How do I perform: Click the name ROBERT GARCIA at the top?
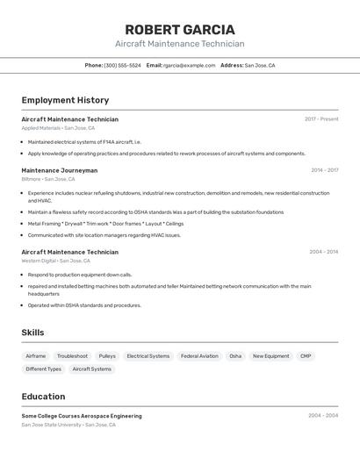pyautogui.click(x=179, y=30)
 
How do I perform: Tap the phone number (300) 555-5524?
pyautogui.click(x=122, y=65)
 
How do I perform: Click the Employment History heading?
pyautogui.click(x=65, y=100)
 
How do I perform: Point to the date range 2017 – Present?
pyautogui.click(x=321, y=118)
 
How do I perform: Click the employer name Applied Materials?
pyautogui.click(x=41, y=128)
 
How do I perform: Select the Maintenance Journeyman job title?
pyautogui.click(x=59, y=170)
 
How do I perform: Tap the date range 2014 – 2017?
pyautogui.click(x=324, y=170)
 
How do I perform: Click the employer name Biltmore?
pyautogui.click(x=31, y=179)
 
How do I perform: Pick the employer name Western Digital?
pyautogui.click(x=39, y=261)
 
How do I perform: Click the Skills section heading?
pyautogui.click(x=32, y=333)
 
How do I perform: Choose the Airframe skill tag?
pyautogui.click(x=36, y=356)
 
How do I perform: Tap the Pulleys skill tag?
pyautogui.click(x=107, y=356)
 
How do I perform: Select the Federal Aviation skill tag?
pyautogui.click(x=199, y=356)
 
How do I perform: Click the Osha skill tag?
pyautogui.click(x=235, y=356)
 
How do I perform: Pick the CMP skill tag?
pyautogui.click(x=306, y=356)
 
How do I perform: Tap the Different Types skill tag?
pyautogui.click(x=43, y=369)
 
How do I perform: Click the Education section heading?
pyautogui.click(x=43, y=397)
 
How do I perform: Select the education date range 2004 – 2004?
pyautogui.click(x=323, y=416)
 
